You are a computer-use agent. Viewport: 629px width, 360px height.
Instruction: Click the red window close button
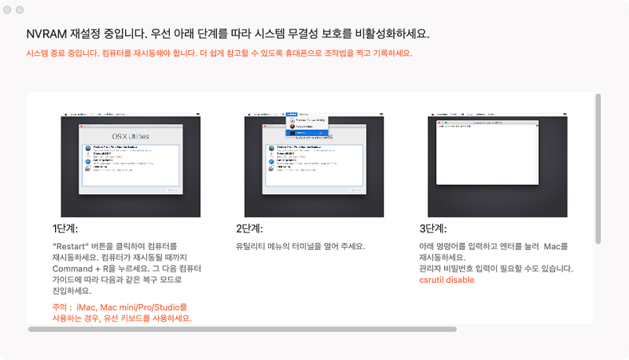9,9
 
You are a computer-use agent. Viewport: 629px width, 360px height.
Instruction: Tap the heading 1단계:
65,229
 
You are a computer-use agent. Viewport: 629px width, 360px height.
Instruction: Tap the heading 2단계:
249,229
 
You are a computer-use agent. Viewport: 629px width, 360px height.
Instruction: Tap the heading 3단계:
432,229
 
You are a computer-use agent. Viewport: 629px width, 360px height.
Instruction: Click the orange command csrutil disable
447,280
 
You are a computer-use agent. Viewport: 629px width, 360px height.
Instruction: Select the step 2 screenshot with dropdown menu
314,164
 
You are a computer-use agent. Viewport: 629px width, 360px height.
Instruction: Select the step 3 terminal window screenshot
497,164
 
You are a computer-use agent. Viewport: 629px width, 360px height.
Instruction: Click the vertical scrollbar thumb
598,169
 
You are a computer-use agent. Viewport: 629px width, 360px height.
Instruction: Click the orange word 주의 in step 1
61,307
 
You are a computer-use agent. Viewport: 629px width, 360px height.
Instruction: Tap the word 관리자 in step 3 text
431,269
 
